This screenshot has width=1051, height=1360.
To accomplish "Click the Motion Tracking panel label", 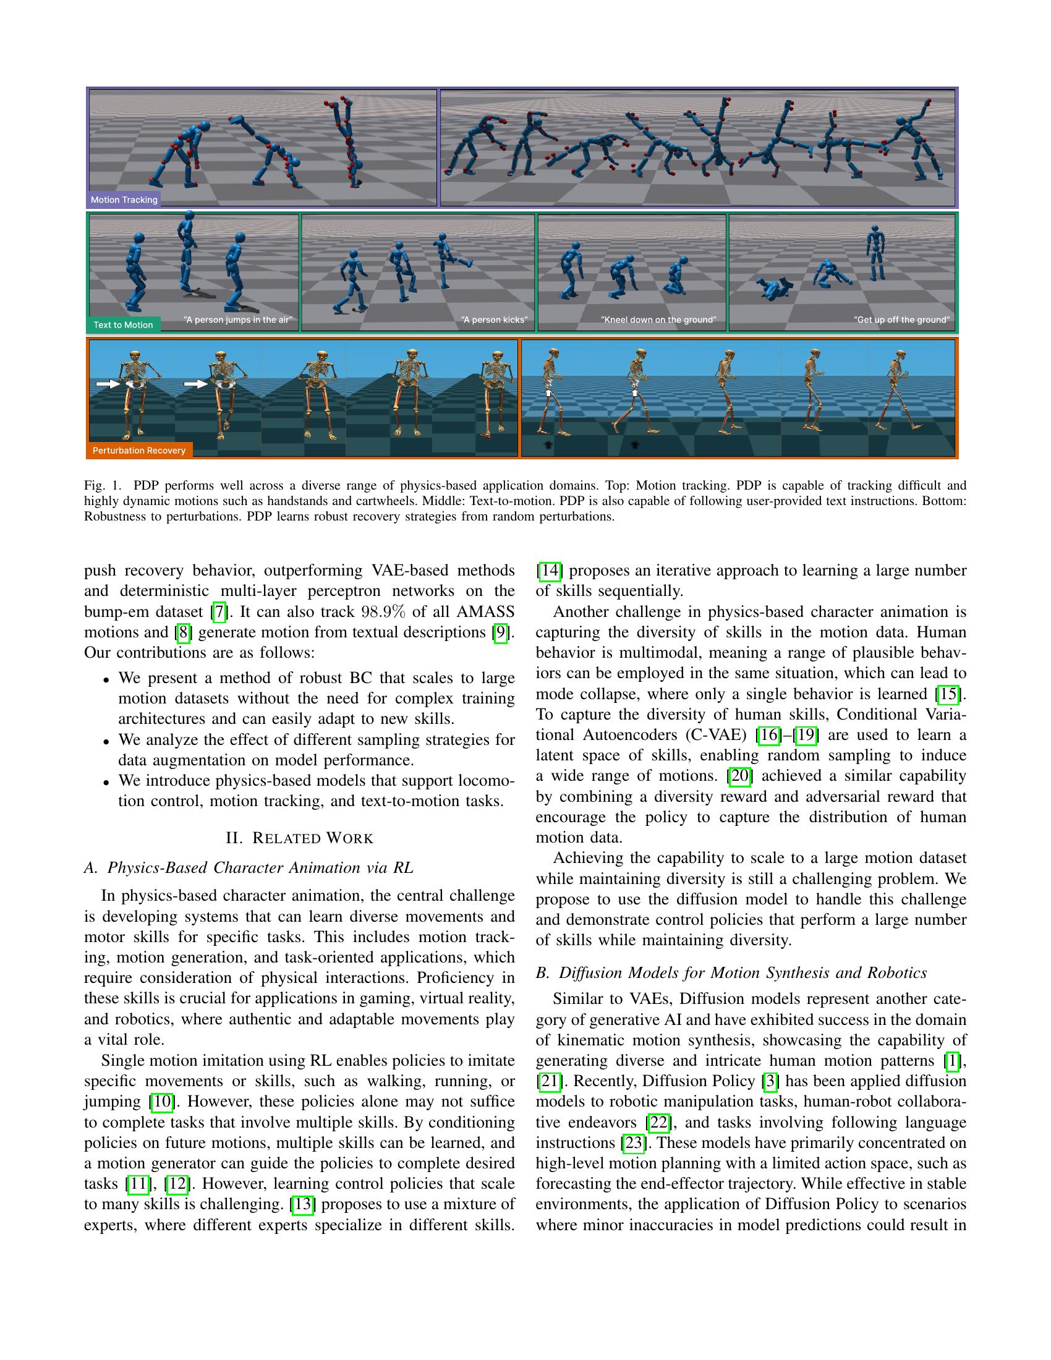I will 124,200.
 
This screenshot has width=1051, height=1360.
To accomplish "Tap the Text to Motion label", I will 122,325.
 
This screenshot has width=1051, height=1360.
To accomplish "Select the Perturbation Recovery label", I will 139,450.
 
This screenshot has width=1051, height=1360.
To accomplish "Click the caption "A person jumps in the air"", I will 238,320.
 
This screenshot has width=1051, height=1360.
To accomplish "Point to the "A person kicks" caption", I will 494,320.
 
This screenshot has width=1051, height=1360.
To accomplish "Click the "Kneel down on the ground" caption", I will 658,320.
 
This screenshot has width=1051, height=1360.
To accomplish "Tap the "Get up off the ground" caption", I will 901,320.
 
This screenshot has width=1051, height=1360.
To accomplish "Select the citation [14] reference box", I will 550,571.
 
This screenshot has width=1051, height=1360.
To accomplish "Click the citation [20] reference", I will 740,776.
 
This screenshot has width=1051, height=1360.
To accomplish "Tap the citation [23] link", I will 634,1142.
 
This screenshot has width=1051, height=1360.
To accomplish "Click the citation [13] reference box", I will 302,1204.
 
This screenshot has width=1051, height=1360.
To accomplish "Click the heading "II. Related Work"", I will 299,838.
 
